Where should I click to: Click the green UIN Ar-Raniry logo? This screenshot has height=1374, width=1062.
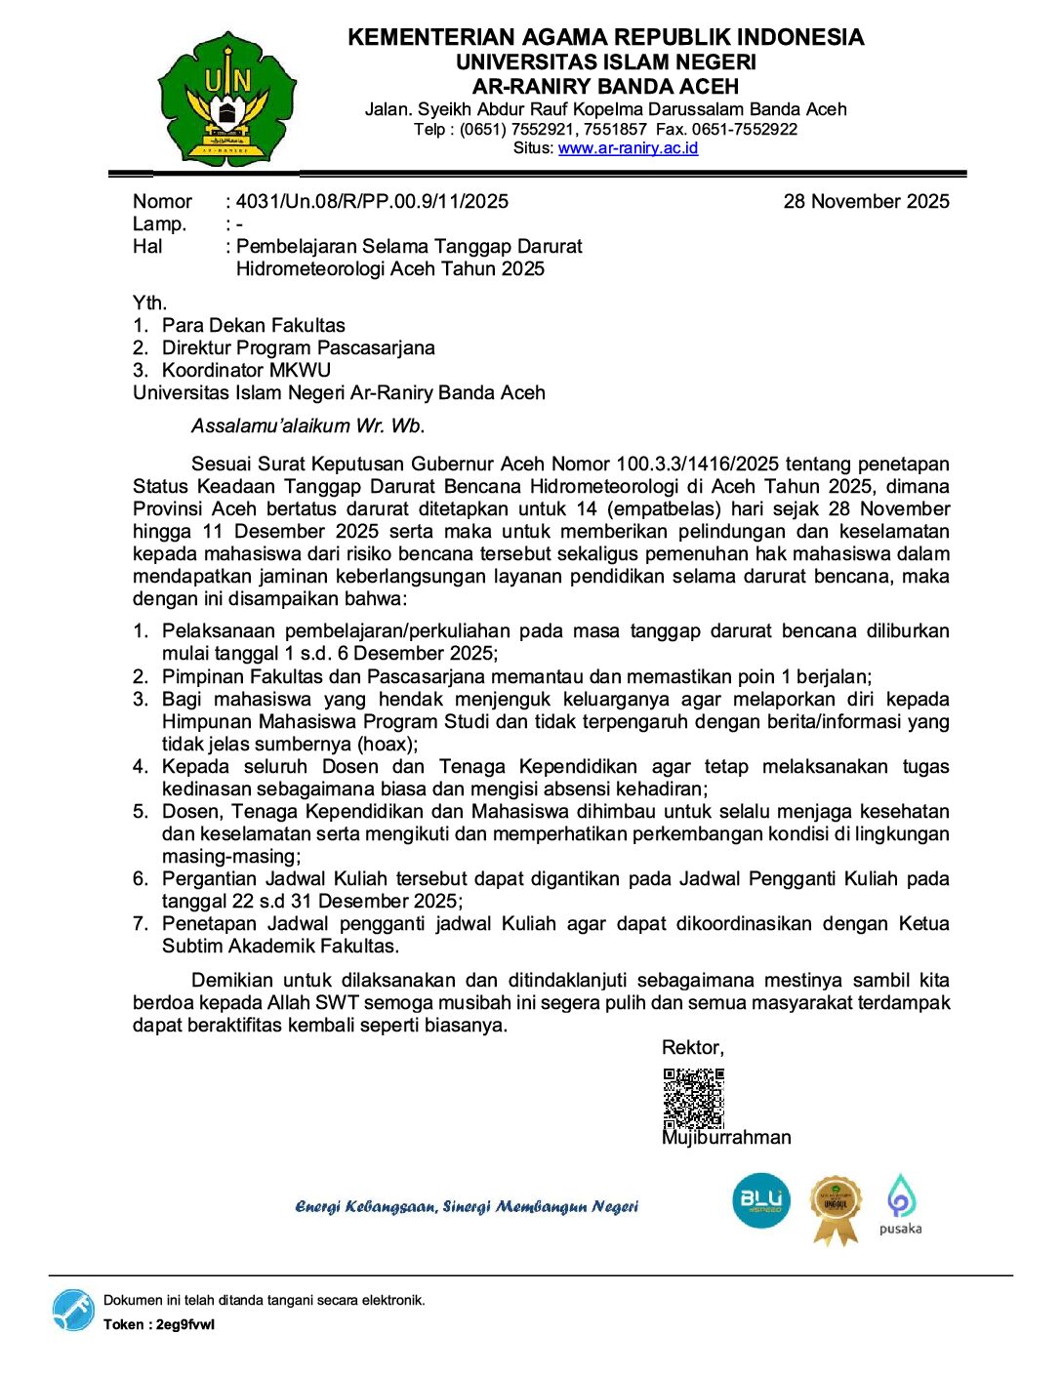[x=227, y=98]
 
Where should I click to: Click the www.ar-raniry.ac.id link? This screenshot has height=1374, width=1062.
[x=628, y=148]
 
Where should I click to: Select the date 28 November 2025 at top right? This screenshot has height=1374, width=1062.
[x=866, y=201]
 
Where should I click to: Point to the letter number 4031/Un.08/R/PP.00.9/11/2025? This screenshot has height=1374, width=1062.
[x=372, y=201]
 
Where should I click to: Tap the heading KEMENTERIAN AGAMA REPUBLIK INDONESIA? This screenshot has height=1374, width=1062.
[x=605, y=37]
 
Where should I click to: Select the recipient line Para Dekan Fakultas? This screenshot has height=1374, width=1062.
[x=253, y=325]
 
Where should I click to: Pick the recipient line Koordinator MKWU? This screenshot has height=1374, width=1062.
[x=246, y=370]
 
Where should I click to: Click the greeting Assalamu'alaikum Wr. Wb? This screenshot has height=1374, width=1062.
[x=307, y=425]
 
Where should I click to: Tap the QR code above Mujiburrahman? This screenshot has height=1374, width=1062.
[x=693, y=1098]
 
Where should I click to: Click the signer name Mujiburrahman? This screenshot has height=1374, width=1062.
[x=726, y=1138]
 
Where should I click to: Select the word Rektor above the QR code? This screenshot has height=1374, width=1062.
[x=691, y=1047]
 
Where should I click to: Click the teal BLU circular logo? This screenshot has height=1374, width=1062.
[x=760, y=1200]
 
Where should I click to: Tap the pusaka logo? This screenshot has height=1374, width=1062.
[x=900, y=1205]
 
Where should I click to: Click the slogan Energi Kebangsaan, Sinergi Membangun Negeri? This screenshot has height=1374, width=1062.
[x=467, y=1207]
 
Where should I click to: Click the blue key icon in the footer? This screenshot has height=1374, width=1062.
[x=73, y=1310]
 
